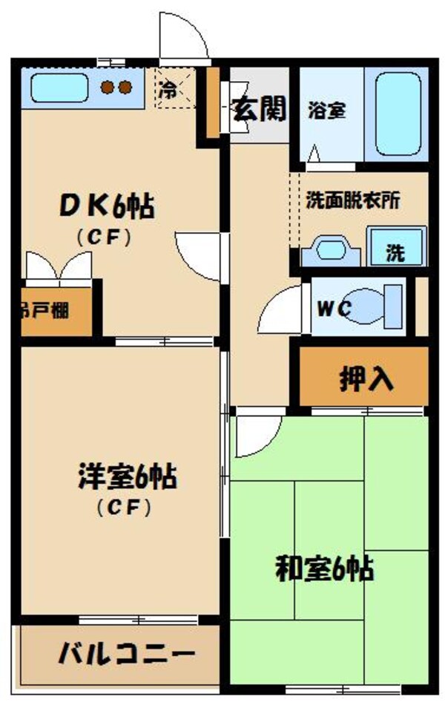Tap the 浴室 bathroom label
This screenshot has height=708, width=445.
tap(327, 111)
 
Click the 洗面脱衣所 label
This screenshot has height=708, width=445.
tap(354, 201)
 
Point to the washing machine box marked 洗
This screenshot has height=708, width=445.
tap(396, 247)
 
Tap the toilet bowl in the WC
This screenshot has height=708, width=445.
tap(371, 307)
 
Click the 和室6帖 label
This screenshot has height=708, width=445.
tap(324, 569)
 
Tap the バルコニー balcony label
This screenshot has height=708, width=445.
tap(127, 655)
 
